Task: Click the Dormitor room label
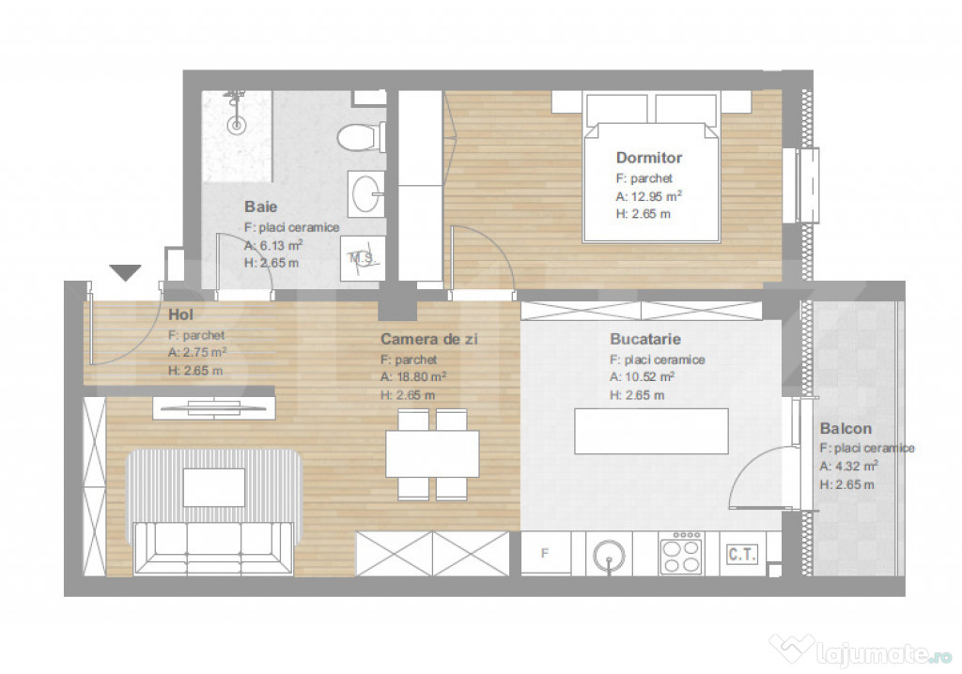click(648, 158)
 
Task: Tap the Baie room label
click(260, 206)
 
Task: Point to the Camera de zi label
click(428, 339)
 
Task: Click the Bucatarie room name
click(644, 339)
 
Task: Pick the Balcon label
click(845, 428)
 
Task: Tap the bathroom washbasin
click(365, 194)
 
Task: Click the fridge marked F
click(545, 554)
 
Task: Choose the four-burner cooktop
click(682, 553)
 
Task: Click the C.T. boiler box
click(741, 554)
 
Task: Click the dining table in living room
click(433, 453)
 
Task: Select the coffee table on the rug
click(214, 487)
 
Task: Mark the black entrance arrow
click(125, 272)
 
